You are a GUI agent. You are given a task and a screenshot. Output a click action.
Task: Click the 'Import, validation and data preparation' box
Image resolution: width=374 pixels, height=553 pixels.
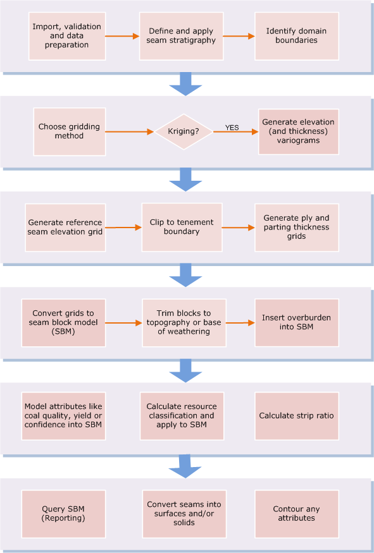[x=67, y=36]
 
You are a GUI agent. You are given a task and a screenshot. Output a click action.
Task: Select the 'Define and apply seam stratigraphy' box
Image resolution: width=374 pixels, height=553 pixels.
[x=181, y=36]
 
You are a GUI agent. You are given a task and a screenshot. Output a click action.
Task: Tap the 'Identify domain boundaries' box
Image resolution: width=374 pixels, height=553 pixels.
[x=297, y=36]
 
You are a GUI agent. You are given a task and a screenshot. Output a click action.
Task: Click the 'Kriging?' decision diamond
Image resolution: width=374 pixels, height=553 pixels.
[x=184, y=131]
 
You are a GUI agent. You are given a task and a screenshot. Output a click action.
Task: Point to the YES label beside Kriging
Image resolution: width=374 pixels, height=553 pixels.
[x=232, y=128]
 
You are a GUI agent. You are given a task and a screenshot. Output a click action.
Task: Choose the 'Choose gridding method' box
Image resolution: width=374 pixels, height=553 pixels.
[x=70, y=131]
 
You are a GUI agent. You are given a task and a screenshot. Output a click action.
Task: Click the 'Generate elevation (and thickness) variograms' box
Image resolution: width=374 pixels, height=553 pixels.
[x=299, y=131]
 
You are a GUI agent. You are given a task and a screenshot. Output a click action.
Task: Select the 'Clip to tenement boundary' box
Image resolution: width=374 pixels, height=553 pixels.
[x=182, y=227]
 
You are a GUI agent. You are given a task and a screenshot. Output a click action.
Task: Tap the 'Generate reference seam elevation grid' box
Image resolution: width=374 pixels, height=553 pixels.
[x=65, y=228]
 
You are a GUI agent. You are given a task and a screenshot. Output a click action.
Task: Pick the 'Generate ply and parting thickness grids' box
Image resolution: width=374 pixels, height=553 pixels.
[x=297, y=228]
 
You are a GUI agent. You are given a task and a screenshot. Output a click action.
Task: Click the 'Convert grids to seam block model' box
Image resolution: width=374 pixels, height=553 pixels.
[x=63, y=323]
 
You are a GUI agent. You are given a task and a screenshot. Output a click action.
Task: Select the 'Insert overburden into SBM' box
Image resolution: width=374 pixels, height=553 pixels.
[x=297, y=323]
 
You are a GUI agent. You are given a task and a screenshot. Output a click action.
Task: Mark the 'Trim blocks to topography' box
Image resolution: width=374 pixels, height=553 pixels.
[x=184, y=323]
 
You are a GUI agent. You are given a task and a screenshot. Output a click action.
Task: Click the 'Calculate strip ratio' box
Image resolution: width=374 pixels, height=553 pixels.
[x=297, y=416]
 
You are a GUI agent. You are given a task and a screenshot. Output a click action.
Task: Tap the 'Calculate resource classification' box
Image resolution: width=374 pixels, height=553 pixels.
[x=182, y=416]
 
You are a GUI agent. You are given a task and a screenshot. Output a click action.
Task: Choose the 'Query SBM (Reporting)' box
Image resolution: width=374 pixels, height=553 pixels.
[x=63, y=514]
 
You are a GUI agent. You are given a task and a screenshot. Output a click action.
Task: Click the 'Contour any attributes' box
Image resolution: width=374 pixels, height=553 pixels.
[x=297, y=514]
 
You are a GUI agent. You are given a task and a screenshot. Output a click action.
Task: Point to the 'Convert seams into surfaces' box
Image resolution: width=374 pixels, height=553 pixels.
[x=184, y=514]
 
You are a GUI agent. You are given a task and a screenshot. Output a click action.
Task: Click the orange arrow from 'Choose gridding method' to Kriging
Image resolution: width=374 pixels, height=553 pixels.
[x=130, y=131]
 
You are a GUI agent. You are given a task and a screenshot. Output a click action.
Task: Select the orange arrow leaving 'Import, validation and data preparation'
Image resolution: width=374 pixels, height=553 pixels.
[x=122, y=36]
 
